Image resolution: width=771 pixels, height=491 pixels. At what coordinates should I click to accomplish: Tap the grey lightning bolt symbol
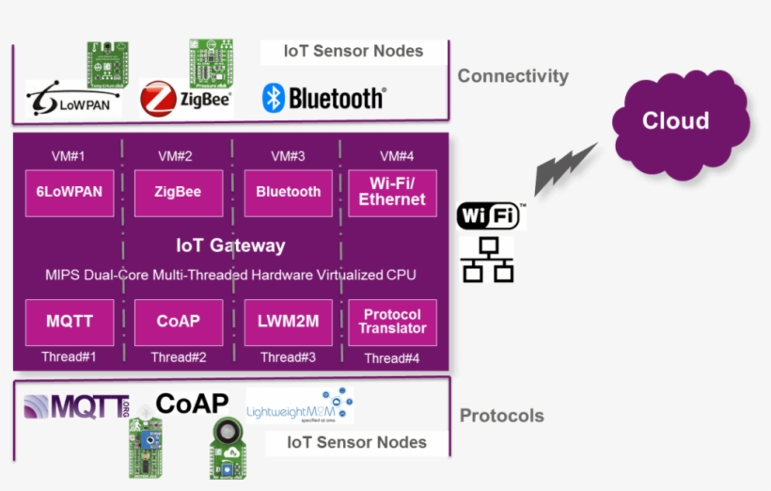[565, 168]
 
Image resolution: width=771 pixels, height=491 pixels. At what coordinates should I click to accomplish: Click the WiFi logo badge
[487, 215]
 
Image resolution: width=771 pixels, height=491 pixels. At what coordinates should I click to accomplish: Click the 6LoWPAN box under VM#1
[69, 192]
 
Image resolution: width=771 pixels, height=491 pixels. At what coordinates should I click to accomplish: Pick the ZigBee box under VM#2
[178, 192]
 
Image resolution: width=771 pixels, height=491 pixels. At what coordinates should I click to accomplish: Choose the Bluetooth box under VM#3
[288, 192]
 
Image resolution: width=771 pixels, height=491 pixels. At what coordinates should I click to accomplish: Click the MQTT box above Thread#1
[69, 322]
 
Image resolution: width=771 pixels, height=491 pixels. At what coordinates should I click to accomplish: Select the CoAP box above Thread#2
[178, 322]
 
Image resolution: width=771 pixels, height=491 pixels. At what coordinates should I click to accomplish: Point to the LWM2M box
[288, 322]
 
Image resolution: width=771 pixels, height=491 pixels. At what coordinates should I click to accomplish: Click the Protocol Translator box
[392, 322]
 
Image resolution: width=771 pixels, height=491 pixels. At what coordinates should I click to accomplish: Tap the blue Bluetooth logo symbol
[274, 98]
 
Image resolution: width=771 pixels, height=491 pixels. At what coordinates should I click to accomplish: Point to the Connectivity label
[512, 76]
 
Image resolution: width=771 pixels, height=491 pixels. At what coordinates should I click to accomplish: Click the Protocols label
[501, 416]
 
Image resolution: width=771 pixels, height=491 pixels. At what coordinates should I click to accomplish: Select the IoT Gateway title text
[230, 245]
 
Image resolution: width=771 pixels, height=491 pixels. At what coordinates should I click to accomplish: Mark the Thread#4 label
[392, 358]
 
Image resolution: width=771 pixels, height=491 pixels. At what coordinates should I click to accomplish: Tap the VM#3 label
[288, 156]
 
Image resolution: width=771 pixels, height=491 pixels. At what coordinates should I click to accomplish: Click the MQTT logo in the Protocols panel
[76, 406]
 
